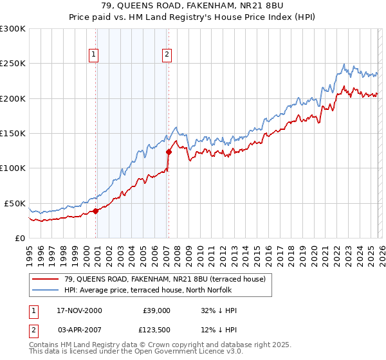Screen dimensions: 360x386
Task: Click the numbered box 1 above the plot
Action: pos(94,55)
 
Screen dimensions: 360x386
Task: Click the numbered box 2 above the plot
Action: pos(167,55)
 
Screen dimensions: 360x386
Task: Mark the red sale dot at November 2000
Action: pos(96,211)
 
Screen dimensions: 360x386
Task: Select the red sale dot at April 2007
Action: pos(169,152)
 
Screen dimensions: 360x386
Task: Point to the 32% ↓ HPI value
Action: pos(219,310)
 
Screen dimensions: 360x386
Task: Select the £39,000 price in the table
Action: pos(156,310)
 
